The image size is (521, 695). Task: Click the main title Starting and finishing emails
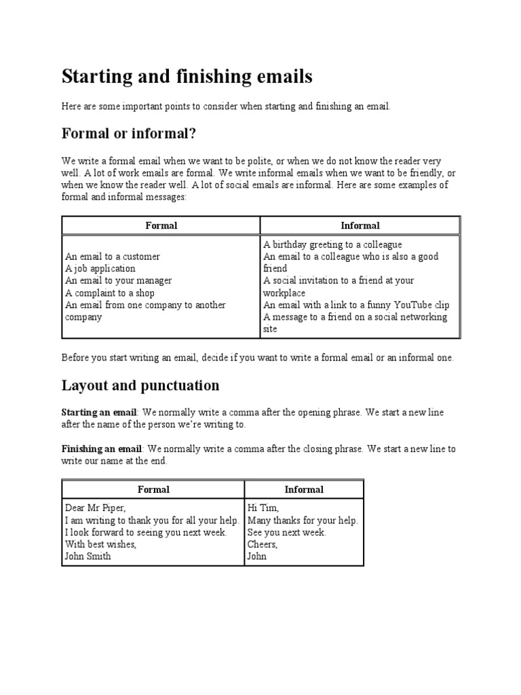187,77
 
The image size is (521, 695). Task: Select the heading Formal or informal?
129,134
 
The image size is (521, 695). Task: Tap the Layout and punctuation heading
140,386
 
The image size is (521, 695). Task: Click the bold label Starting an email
100,413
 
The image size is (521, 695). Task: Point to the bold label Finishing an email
102,449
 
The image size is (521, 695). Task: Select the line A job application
100,269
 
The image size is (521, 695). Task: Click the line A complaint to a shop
110,293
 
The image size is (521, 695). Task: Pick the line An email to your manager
118,281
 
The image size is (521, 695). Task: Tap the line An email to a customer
113,257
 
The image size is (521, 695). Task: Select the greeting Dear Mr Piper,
96,508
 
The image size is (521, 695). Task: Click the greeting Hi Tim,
263,508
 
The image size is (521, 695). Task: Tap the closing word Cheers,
263,544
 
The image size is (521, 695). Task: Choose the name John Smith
88,557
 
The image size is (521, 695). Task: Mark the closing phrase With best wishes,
100,544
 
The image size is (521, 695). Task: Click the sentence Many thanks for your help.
303,520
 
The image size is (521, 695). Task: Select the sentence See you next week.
287,532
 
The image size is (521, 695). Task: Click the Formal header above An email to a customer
161,225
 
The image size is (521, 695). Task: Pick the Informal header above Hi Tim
304,489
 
